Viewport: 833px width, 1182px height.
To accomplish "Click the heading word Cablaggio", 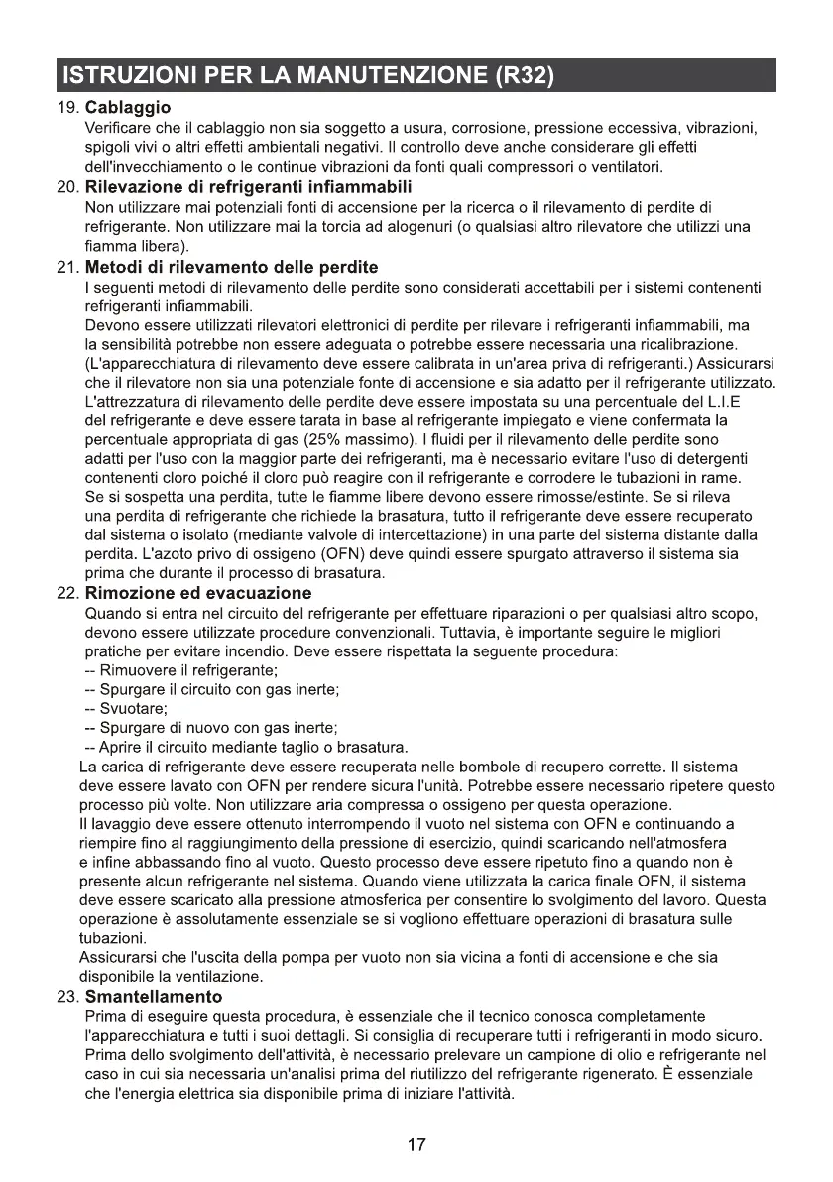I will pos(129,107).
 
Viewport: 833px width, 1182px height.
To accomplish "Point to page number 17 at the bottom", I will pos(416,1145).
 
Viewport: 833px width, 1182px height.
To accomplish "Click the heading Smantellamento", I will pos(154,996).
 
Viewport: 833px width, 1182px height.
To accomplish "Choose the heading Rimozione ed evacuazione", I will pos(198,593).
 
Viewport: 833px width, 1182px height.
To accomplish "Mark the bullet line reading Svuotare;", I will pos(125,708).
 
